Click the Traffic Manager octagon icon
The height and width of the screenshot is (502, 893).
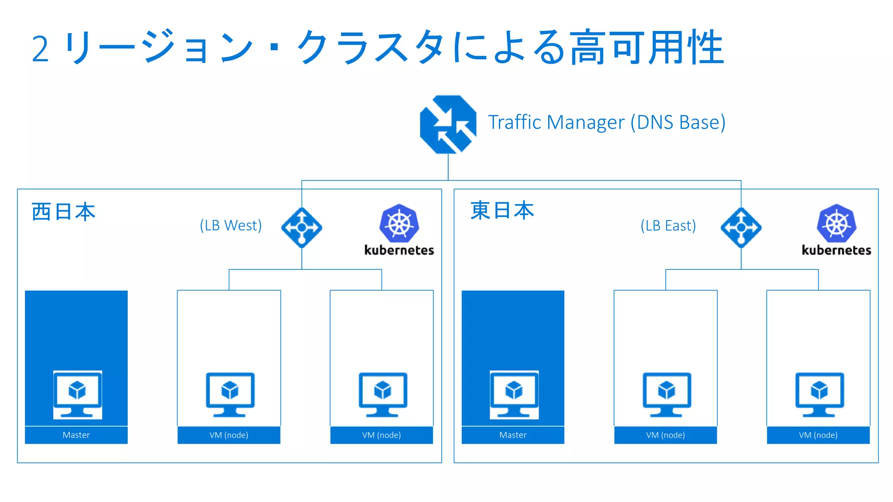pyautogui.click(x=448, y=125)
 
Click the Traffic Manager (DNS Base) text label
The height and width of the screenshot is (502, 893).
pyautogui.click(x=606, y=122)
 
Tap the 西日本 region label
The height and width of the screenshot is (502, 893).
pyautogui.click(x=63, y=212)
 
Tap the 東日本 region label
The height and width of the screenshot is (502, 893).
pyautogui.click(x=502, y=210)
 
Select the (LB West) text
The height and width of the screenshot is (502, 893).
pyautogui.click(x=231, y=226)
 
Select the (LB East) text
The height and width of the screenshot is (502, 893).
pyautogui.click(x=668, y=226)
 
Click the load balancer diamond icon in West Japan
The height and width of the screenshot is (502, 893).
pyautogui.click(x=302, y=227)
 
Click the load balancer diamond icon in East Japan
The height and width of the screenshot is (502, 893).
pyautogui.click(x=741, y=227)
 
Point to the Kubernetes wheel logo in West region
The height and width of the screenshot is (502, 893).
pyautogui.click(x=399, y=224)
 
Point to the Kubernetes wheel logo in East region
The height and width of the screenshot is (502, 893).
pyautogui.click(x=836, y=224)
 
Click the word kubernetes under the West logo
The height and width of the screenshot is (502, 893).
pyautogui.click(x=399, y=250)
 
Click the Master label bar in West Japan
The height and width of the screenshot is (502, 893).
pyautogui.click(x=76, y=435)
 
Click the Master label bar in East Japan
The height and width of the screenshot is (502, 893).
pyautogui.click(x=513, y=435)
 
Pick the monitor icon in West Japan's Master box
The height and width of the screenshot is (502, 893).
pyautogui.click(x=78, y=394)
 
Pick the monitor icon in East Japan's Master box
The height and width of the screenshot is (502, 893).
pyautogui.click(x=514, y=394)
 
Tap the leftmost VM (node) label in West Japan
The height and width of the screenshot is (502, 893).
pyautogui.click(x=229, y=435)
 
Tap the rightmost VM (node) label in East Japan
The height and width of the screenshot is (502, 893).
pyautogui.click(x=818, y=435)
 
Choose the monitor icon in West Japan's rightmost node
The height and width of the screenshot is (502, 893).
pyautogui.click(x=383, y=394)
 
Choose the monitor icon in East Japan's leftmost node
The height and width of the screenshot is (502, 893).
pyautogui.click(x=667, y=394)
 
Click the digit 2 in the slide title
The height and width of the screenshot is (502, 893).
pyautogui.click(x=40, y=49)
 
